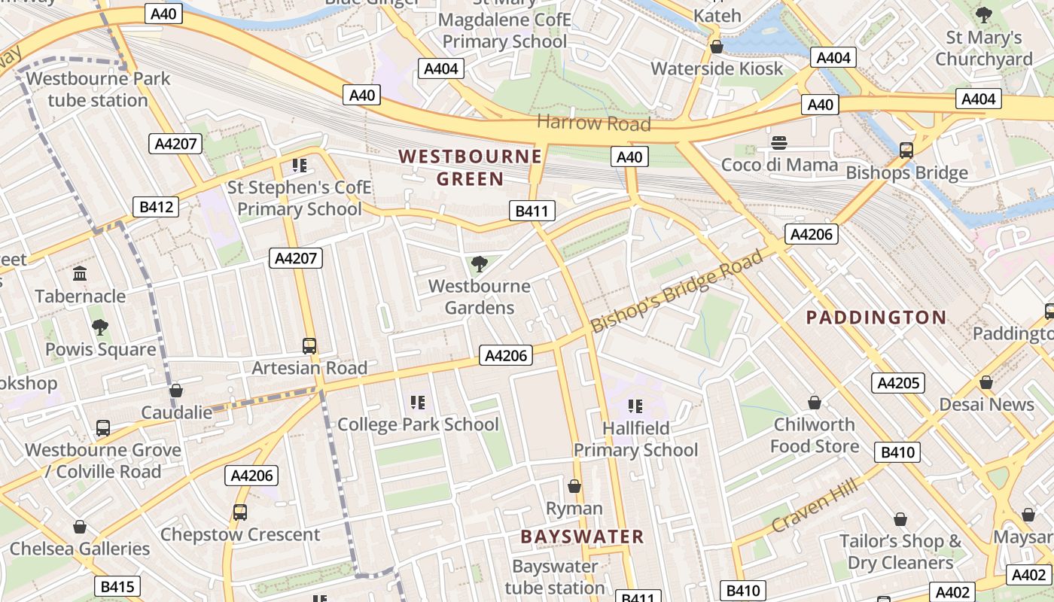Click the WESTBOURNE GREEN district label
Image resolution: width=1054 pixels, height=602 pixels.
470,167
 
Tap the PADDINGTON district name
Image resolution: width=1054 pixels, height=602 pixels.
876,318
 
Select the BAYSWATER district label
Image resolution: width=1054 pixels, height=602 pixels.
582,537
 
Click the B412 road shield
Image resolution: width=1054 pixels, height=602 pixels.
157,207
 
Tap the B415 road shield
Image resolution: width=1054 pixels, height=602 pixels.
117,586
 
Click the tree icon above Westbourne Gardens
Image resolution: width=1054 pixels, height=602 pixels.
479,264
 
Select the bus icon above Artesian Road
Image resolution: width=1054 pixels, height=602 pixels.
309,345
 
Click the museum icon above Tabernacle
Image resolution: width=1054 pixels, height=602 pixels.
80,274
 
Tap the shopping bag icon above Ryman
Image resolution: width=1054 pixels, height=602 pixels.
574,487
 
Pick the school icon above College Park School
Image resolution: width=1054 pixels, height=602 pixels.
418,403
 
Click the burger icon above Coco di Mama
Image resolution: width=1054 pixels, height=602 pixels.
779,143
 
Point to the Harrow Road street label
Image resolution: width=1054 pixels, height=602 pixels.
593,123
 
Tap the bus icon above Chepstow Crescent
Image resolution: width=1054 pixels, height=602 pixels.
240,512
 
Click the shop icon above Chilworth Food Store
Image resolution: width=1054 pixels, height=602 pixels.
814,403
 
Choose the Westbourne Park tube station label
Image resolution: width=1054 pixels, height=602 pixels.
98,90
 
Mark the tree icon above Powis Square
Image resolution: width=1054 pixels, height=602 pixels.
99,327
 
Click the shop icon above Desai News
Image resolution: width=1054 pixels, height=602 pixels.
986,383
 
